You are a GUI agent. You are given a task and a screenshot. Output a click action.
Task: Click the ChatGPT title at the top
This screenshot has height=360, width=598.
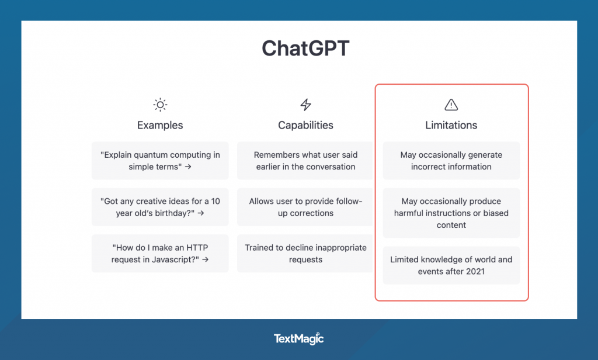coord(305,48)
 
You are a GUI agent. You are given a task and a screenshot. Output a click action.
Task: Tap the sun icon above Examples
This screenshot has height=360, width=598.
coord(160,105)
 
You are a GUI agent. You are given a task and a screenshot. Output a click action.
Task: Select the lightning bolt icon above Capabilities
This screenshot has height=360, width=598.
coord(305,105)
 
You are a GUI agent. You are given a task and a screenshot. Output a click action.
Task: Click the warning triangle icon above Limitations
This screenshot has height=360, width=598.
coord(451,105)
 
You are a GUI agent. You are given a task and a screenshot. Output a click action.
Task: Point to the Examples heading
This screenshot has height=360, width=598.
coord(160,125)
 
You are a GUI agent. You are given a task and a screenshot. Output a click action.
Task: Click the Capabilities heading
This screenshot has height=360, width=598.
coord(305,125)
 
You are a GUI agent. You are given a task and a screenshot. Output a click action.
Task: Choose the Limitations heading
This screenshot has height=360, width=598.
coord(451,125)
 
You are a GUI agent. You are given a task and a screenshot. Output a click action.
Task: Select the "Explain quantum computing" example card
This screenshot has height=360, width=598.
coord(160,161)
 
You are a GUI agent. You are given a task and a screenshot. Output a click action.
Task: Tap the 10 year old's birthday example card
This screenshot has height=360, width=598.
coord(160,207)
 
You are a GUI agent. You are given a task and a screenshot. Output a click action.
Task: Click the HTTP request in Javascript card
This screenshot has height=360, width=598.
coord(160,254)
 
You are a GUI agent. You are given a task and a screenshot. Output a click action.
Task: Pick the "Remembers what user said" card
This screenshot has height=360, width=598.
coord(305,161)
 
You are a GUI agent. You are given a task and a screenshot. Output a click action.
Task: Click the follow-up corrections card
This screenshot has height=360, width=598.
coord(305,207)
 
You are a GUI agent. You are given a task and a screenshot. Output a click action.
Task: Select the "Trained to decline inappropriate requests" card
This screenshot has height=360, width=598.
coord(305,254)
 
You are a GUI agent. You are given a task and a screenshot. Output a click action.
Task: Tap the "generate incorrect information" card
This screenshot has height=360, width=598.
coord(451,161)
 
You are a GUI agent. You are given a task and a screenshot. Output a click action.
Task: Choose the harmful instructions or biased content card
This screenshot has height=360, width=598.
coord(451,213)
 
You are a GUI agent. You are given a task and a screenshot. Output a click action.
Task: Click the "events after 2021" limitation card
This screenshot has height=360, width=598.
coord(451,265)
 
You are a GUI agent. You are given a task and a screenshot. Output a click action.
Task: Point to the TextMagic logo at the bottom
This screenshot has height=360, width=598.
coord(299,338)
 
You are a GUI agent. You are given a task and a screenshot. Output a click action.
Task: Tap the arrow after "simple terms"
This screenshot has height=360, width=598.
coord(188,167)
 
